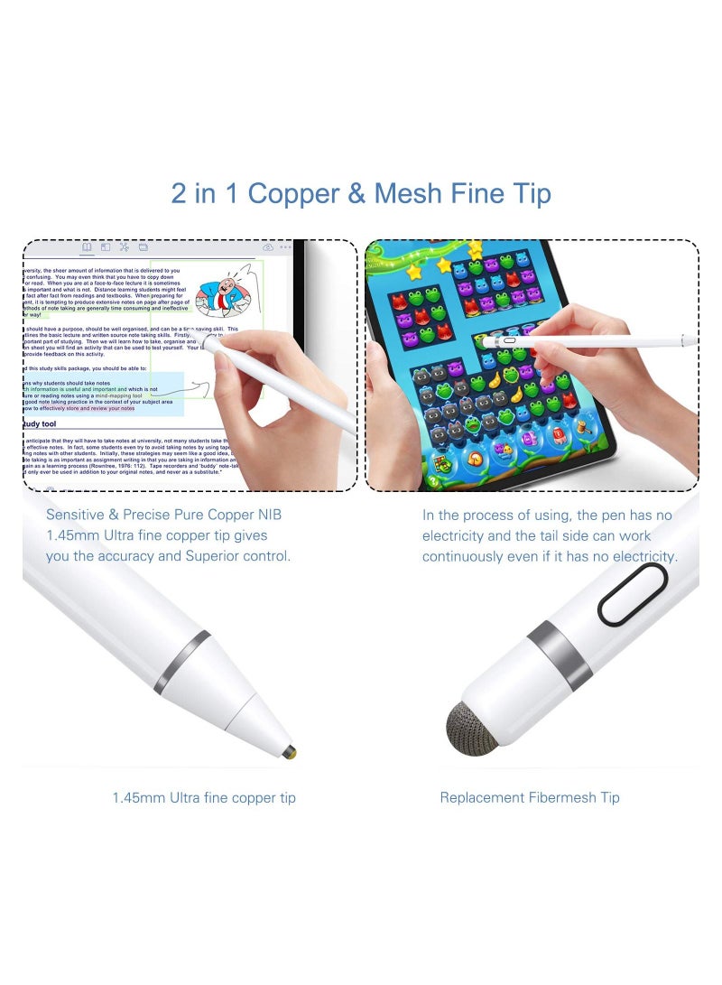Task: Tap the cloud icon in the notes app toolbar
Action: [x=268, y=246]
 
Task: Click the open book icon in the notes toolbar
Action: [x=87, y=246]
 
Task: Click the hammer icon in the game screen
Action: [x=441, y=462]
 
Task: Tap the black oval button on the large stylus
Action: [x=632, y=594]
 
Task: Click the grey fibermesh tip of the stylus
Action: [x=471, y=728]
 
